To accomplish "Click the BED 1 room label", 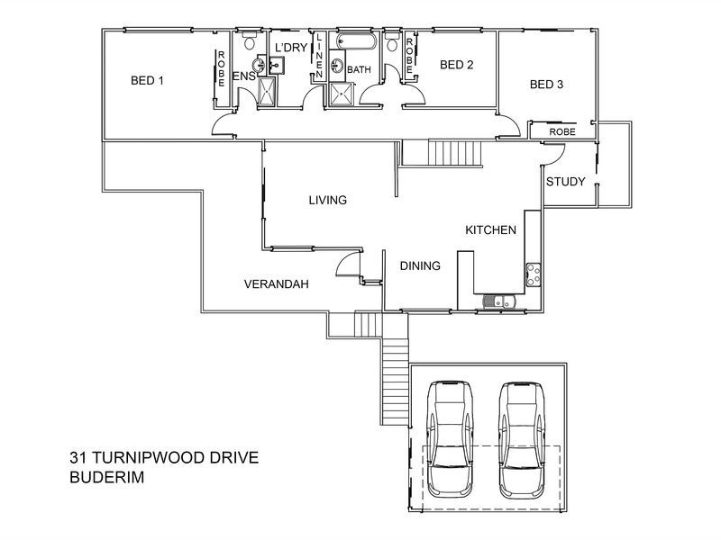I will pyautogui.click(x=147, y=80).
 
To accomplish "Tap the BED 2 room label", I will pyautogui.click(x=456, y=65).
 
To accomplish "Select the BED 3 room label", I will pyautogui.click(x=546, y=85).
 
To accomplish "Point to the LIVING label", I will pyautogui.click(x=327, y=200).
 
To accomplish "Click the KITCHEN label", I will pyautogui.click(x=490, y=230).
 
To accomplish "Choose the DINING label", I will pyautogui.click(x=420, y=265).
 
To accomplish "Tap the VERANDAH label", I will pyautogui.click(x=277, y=283).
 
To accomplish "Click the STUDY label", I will pyautogui.click(x=566, y=182).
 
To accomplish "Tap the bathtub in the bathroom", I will pyautogui.click(x=351, y=42).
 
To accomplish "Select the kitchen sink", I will pyautogui.click(x=497, y=302).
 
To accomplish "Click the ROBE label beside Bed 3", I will pyautogui.click(x=561, y=131).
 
